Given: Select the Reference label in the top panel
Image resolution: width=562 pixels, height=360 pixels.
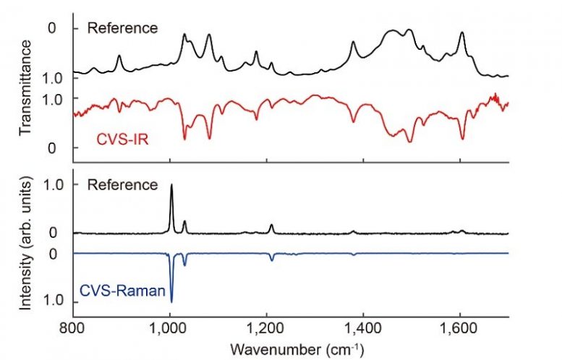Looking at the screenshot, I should point(122,28).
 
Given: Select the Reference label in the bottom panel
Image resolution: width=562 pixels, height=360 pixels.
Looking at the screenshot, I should point(122,184).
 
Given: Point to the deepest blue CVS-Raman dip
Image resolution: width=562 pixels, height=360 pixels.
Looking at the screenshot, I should point(171,300).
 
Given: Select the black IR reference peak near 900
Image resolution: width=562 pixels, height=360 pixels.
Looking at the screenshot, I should point(119,56).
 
